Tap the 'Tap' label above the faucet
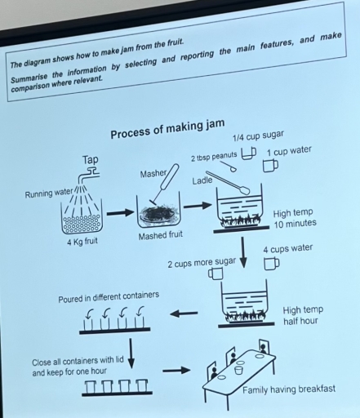pos(91,158)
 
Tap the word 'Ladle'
pos(202,180)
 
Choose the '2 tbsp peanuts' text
pos(213,156)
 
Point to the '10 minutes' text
pos(295,224)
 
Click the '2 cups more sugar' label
pos(201,264)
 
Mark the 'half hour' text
pos(300,321)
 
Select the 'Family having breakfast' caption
pos(288,389)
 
